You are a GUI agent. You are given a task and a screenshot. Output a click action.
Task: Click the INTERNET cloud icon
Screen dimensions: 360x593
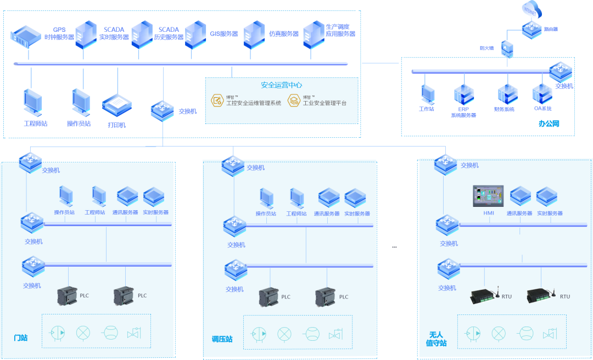click(531, 9)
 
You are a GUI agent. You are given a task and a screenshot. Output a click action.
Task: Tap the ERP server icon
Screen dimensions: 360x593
click(463, 94)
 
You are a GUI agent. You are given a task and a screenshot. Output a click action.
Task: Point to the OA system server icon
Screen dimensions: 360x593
click(542, 94)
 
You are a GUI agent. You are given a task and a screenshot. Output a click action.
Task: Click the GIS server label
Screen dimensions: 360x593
click(224, 33)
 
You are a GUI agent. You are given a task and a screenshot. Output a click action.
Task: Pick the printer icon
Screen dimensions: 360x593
click(116, 105)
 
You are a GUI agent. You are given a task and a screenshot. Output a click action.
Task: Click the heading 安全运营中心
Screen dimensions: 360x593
click(281, 85)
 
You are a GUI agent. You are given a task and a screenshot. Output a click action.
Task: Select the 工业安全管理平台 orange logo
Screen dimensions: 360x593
click(295, 100)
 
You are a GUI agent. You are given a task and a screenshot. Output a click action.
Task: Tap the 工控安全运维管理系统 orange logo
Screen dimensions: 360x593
click(218, 100)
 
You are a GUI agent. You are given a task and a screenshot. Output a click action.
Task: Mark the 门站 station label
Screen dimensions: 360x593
click(20, 337)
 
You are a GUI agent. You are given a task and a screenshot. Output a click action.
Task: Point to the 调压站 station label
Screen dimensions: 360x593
click(222, 339)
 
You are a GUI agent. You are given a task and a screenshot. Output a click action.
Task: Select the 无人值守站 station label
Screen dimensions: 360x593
click(437, 339)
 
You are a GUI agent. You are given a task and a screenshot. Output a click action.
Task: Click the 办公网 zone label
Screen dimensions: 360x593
click(549, 125)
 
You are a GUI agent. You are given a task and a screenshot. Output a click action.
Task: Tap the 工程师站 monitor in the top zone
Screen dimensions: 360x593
click(32, 104)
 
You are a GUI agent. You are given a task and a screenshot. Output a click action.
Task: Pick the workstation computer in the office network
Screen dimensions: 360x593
click(428, 94)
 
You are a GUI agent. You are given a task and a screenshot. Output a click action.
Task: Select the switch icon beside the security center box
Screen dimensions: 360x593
click(163, 109)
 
